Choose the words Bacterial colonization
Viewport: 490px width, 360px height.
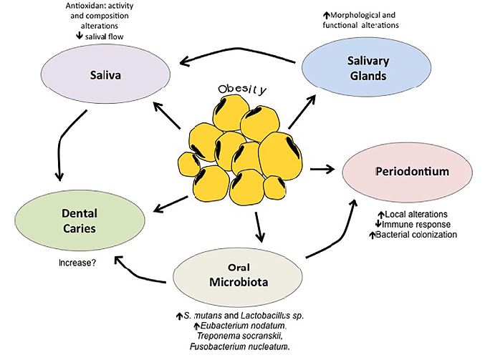tap(421, 234)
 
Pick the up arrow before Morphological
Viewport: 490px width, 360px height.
tap(307, 14)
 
